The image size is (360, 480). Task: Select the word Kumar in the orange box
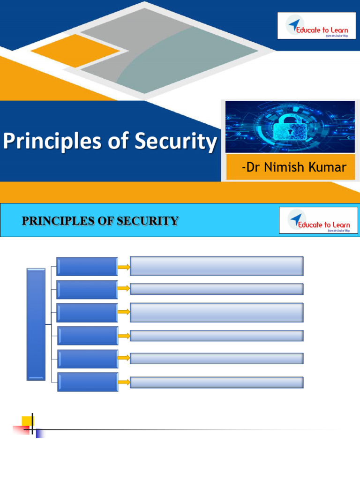pyautogui.click(x=331, y=167)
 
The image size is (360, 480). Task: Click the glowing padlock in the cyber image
pyautogui.click(x=290, y=126)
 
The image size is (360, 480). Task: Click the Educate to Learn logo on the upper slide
pyautogui.click(x=316, y=25)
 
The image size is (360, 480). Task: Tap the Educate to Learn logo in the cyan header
pyautogui.click(x=318, y=220)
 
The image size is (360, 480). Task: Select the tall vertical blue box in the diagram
pyautogui.click(x=36, y=324)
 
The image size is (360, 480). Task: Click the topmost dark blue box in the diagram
pyautogui.click(x=87, y=266)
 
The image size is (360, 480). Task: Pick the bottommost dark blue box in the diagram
pyautogui.click(x=88, y=382)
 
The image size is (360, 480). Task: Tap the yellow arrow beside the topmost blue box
pyautogui.click(x=124, y=267)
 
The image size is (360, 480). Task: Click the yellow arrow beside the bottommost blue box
pyautogui.click(x=124, y=382)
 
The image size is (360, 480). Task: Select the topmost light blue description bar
pyautogui.click(x=217, y=266)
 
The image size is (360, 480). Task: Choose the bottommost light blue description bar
pyautogui.click(x=217, y=382)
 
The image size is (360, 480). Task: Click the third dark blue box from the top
pyautogui.click(x=87, y=313)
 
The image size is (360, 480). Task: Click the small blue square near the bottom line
pyautogui.click(x=40, y=434)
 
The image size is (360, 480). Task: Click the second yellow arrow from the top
pyautogui.click(x=124, y=289)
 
